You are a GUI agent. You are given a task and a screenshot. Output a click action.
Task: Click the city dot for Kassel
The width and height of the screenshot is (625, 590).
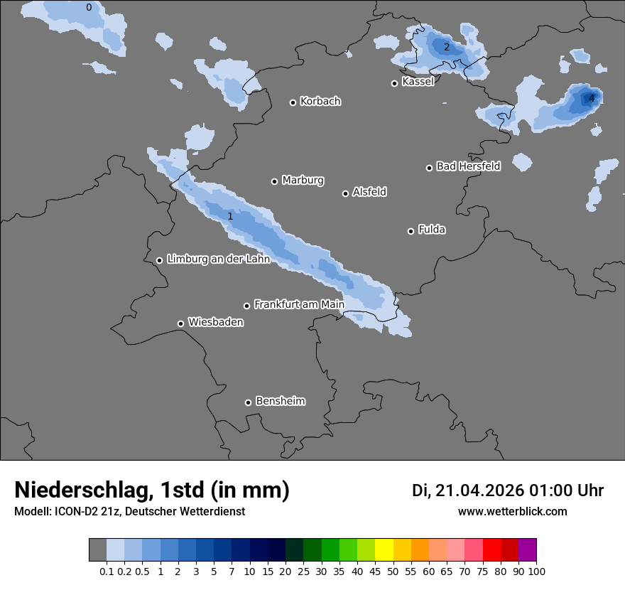click(x=394, y=83)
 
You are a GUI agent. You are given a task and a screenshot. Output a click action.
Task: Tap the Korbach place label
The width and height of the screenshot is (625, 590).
click(x=320, y=102)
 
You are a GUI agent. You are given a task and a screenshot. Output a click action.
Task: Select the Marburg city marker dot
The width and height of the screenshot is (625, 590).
click(x=274, y=181)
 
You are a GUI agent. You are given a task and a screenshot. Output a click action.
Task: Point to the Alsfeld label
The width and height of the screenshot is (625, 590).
click(x=369, y=192)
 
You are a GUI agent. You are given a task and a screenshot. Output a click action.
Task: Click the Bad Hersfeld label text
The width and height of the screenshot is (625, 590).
click(x=468, y=166)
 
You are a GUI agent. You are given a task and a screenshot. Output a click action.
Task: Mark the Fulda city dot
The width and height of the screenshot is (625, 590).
click(x=411, y=231)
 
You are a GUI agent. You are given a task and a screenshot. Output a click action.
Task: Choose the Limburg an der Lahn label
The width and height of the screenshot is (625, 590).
click(x=218, y=259)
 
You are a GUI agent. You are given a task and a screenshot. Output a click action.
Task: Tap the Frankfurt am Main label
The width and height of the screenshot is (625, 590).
click(x=299, y=304)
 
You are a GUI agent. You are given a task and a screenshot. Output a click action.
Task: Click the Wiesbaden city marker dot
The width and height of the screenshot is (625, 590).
click(x=180, y=323)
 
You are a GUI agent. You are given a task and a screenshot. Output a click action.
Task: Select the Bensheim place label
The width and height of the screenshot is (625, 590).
click(x=280, y=401)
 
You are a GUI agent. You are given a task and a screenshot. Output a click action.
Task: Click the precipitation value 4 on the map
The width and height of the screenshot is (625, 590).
click(x=591, y=98)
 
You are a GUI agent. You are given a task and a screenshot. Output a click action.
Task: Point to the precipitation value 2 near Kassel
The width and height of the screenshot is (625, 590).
click(x=447, y=48)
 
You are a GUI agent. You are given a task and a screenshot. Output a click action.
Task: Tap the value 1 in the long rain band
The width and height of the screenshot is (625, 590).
click(x=230, y=216)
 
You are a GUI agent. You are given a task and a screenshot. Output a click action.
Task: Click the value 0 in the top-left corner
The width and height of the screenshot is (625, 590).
click(x=89, y=8)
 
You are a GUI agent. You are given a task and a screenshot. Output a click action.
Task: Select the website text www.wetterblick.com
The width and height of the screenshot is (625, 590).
click(x=512, y=512)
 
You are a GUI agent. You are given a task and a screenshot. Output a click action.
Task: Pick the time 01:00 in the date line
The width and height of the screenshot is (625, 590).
click(x=550, y=490)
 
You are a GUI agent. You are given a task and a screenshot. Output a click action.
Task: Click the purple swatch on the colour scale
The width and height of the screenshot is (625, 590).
click(x=527, y=550)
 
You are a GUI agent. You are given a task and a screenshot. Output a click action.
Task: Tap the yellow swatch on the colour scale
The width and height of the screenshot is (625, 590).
click(x=384, y=550)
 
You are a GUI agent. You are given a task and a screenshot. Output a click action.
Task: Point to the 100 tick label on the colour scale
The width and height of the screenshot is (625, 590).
click(x=536, y=572)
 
